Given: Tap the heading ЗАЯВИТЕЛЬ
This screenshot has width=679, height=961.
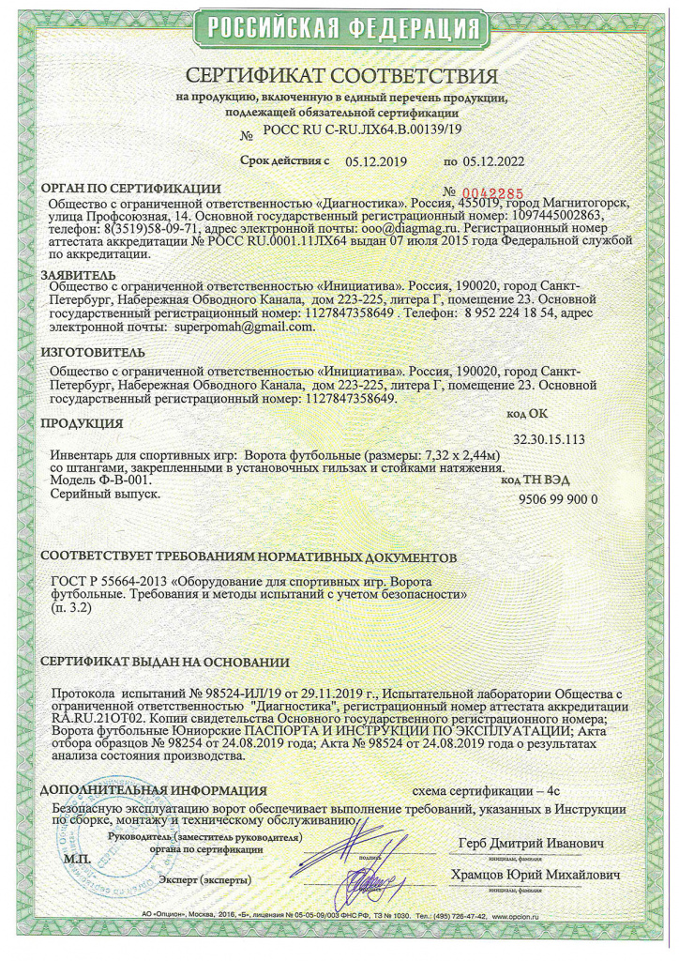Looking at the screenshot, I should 76,274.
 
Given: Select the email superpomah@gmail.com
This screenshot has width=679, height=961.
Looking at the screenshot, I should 243,328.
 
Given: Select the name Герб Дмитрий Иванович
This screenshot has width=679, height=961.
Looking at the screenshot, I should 531,841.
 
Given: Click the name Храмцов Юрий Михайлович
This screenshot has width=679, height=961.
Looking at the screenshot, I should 537,875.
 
